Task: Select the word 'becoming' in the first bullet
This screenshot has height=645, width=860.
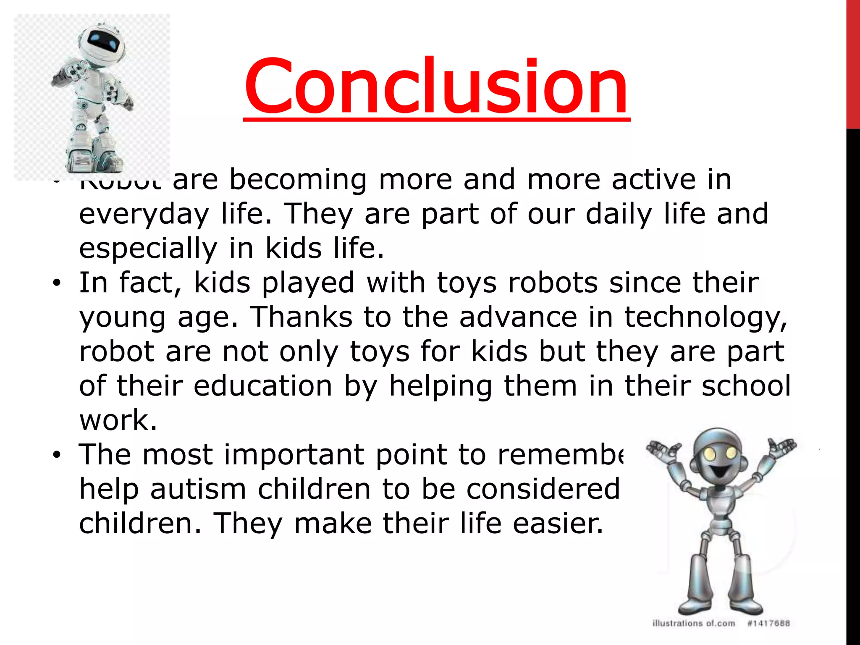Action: [x=298, y=180]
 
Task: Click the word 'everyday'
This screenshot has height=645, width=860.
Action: [x=144, y=214]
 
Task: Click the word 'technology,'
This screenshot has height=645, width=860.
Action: [x=705, y=317]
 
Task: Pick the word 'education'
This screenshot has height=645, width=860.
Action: [x=263, y=386]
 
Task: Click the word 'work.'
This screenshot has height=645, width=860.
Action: [x=118, y=420]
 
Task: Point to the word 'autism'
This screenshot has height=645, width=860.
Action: [x=198, y=489]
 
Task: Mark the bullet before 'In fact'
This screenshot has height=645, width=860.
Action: [x=57, y=283]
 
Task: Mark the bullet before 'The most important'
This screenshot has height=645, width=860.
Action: [x=57, y=456]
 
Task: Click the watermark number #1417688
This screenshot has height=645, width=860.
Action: [x=768, y=623]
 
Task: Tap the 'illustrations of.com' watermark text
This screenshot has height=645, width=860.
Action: [x=693, y=623]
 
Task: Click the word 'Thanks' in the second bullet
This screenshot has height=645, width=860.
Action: [x=301, y=317]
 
